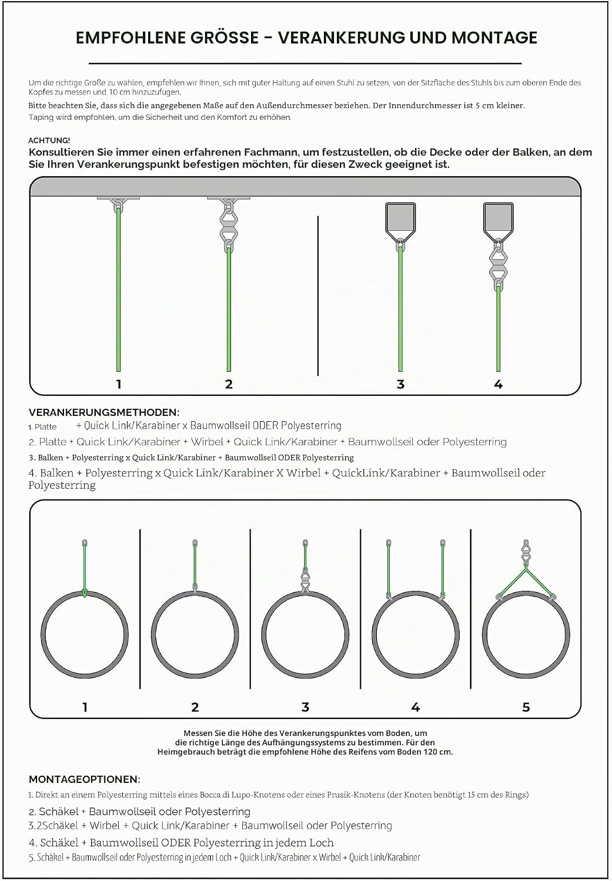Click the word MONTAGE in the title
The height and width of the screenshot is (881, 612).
tap(494, 38)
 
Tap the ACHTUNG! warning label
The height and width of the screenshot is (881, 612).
tap(49, 140)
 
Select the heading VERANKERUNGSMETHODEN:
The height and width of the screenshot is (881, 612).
tap(104, 412)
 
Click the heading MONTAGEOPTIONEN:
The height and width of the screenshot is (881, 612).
tap(84, 779)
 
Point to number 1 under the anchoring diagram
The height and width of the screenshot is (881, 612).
tap(119, 384)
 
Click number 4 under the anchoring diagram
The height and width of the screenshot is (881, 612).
tap(499, 384)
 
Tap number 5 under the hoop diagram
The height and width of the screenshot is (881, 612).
tap(526, 707)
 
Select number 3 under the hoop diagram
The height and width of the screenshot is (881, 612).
tap(305, 707)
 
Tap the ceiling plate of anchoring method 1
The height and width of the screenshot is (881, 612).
tap(119, 199)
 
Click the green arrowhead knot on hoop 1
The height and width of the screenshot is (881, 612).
tap(84, 593)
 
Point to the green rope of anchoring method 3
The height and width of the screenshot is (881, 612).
tap(400, 309)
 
